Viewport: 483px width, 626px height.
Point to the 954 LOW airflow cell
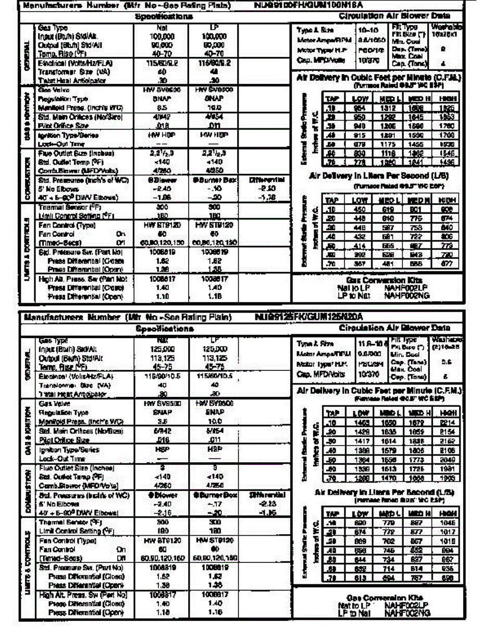[358, 108]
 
